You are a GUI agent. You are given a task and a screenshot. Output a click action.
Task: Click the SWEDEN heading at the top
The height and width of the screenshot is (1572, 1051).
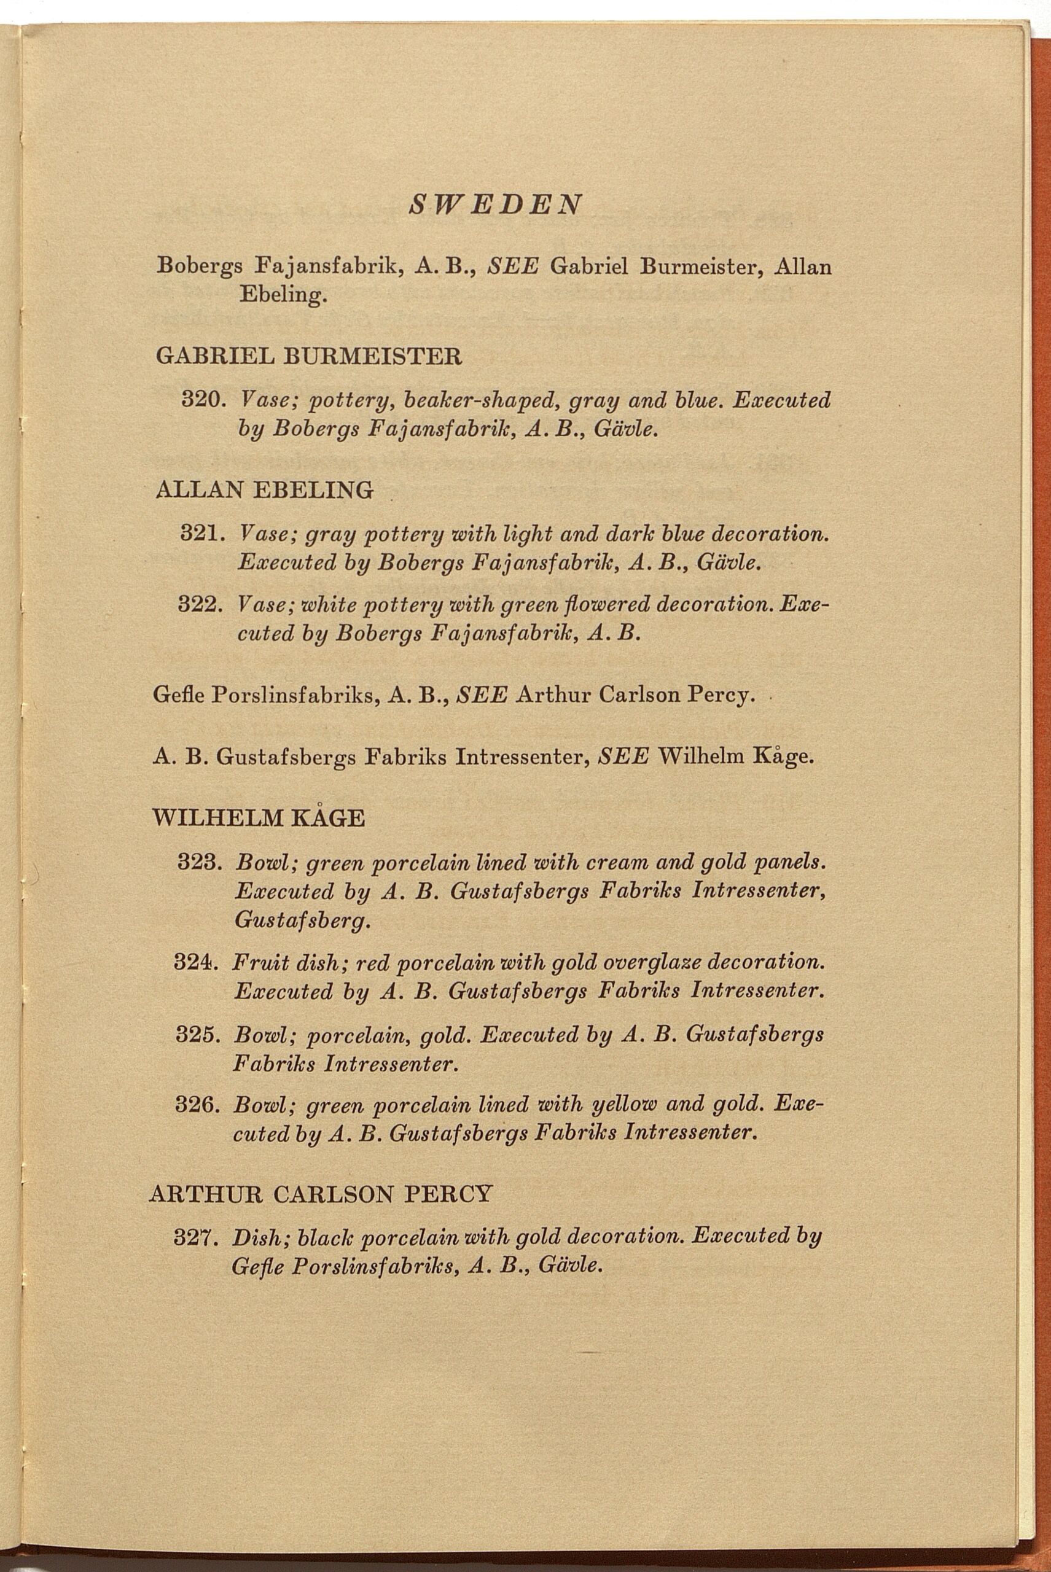tap(495, 204)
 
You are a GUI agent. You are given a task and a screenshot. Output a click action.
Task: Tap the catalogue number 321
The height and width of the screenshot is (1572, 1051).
tap(201, 534)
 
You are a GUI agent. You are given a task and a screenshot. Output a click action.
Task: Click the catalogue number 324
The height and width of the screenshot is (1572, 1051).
tap(197, 963)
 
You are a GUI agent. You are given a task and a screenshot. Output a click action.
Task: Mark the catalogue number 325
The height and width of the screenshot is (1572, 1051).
tap(197, 1035)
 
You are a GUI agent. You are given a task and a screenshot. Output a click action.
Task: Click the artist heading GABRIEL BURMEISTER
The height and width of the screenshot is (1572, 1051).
tap(308, 356)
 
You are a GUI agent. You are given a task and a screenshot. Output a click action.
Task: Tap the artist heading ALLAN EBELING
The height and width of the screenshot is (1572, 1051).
tap(264, 490)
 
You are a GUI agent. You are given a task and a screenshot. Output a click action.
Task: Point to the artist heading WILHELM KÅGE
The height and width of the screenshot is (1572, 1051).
tap(259, 818)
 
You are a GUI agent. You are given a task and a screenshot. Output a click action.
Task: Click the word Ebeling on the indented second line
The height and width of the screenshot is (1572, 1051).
tap(282, 296)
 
